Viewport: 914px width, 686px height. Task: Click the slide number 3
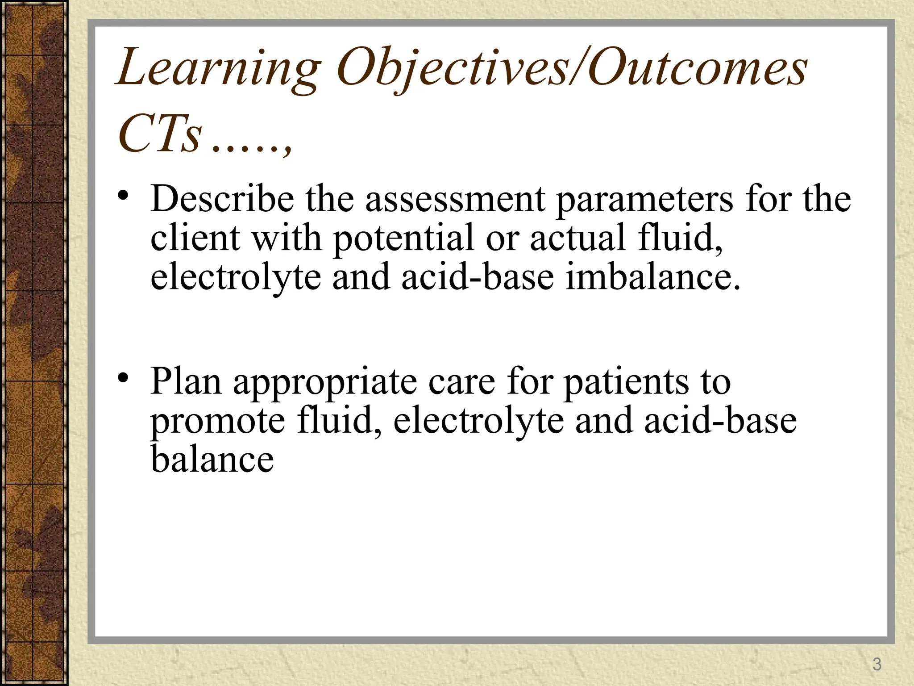coord(877,665)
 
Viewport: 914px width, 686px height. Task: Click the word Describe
coord(222,199)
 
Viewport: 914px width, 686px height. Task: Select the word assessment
coord(455,200)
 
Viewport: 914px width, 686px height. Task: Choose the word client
coord(195,238)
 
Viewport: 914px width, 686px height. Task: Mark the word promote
coord(218,421)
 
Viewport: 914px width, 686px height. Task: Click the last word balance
coord(212,460)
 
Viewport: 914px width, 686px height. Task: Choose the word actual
coord(577,238)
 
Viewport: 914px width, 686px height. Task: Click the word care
coord(461,382)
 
